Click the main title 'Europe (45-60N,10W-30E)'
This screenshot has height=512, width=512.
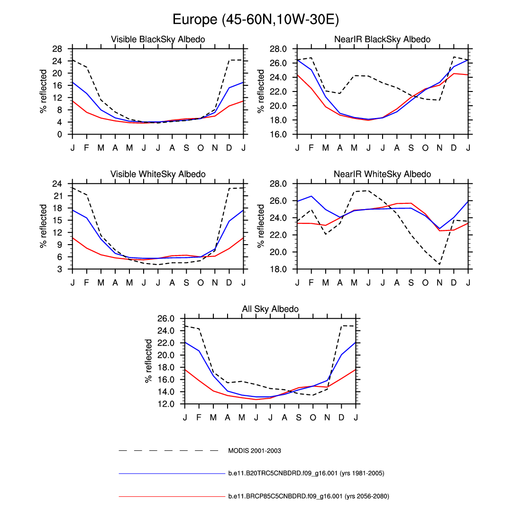(x=256, y=19)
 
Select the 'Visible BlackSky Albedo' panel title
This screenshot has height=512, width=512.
(x=158, y=39)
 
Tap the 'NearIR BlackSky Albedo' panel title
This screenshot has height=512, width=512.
(x=382, y=39)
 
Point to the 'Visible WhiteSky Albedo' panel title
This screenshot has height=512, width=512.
(x=158, y=174)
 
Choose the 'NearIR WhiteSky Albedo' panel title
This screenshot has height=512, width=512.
(x=382, y=174)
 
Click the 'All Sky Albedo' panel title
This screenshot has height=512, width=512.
(x=270, y=309)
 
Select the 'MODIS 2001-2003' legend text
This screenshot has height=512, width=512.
(x=255, y=450)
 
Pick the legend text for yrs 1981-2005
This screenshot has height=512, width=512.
(x=306, y=473)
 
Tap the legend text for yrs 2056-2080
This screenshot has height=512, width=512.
(x=309, y=496)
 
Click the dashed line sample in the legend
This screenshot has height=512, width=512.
(x=168, y=450)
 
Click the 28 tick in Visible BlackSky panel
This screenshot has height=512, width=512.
(x=57, y=49)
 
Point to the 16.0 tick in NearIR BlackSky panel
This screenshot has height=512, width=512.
(x=279, y=134)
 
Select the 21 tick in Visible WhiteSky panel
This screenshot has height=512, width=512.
(x=58, y=196)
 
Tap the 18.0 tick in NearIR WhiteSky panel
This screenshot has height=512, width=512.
(x=279, y=269)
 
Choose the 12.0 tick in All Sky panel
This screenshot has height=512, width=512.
(x=166, y=404)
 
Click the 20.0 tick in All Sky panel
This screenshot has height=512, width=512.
(x=166, y=355)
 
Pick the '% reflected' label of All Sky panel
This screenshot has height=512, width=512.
(x=149, y=361)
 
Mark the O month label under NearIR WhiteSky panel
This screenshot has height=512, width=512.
(x=425, y=283)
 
